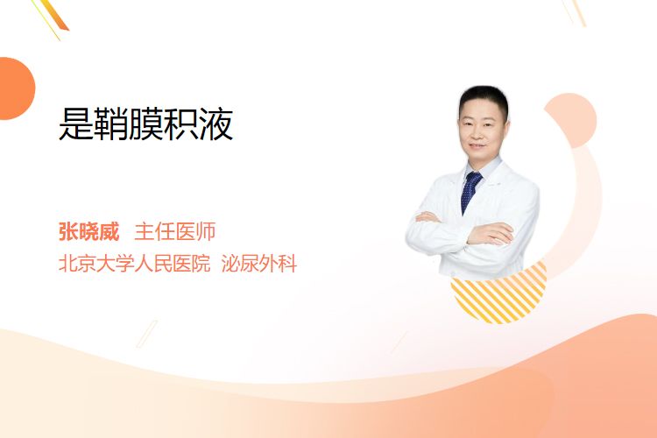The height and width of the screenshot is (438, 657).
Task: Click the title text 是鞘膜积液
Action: point(145,124)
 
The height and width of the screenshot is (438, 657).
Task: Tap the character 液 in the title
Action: point(215,124)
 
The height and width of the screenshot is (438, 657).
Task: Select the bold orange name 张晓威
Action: point(88,231)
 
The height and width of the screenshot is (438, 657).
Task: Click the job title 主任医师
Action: point(174,231)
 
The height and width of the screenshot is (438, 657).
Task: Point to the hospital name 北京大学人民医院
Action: point(134,264)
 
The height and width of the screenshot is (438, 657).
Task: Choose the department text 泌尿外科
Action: point(259,264)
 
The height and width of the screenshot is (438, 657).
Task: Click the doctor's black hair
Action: point(484,98)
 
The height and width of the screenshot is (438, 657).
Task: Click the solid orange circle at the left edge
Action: point(16,88)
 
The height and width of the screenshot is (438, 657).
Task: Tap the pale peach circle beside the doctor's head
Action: point(573,118)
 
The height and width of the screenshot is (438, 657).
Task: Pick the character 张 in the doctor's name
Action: point(68,231)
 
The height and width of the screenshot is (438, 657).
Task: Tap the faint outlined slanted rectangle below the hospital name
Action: point(147,334)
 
